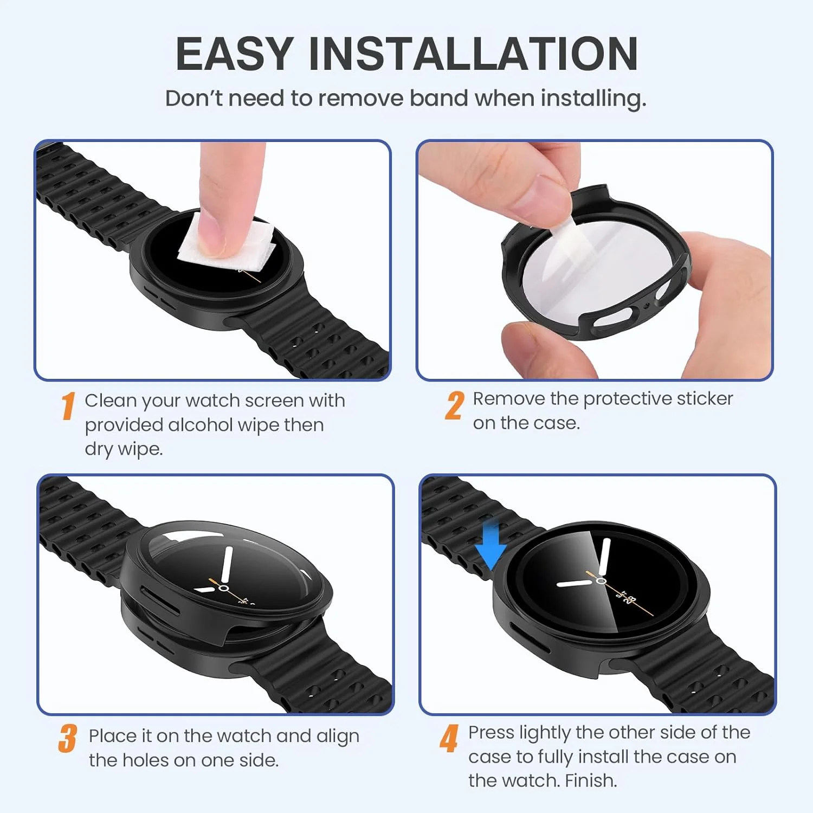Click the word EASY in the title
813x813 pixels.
click(x=234, y=54)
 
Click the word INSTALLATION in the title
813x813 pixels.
click(x=473, y=54)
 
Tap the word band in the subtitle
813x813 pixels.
click(x=439, y=99)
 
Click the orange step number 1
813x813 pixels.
click(x=68, y=406)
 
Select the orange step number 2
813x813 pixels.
click(x=454, y=406)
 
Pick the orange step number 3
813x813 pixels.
click(x=68, y=739)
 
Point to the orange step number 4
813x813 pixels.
click(x=449, y=739)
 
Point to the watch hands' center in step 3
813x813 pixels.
click(x=224, y=588)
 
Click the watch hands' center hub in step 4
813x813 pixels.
click(x=601, y=580)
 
